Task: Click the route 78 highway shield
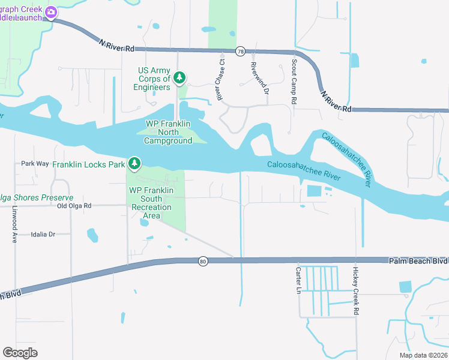coord(240,52)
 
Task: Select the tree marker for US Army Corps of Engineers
coord(179,78)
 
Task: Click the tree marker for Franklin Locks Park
coord(135,163)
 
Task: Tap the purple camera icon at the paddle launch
coord(52,12)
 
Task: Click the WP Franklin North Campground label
coord(168,132)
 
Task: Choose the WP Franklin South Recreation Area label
coord(151,203)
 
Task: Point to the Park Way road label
coord(35,163)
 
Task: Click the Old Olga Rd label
coord(74,206)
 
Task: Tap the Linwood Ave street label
coord(14,225)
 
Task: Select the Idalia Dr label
coord(43,234)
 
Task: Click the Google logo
coord(20,353)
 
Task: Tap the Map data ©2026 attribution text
coord(423,355)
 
